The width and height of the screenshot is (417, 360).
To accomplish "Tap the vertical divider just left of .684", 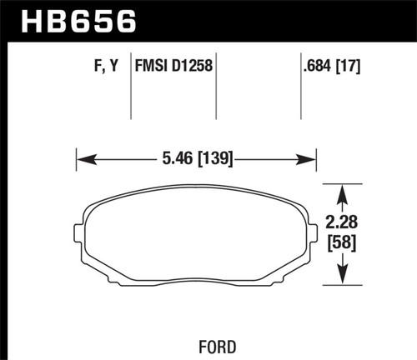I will (x=300, y=92).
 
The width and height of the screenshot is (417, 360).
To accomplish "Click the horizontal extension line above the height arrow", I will (x=342, y=183).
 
